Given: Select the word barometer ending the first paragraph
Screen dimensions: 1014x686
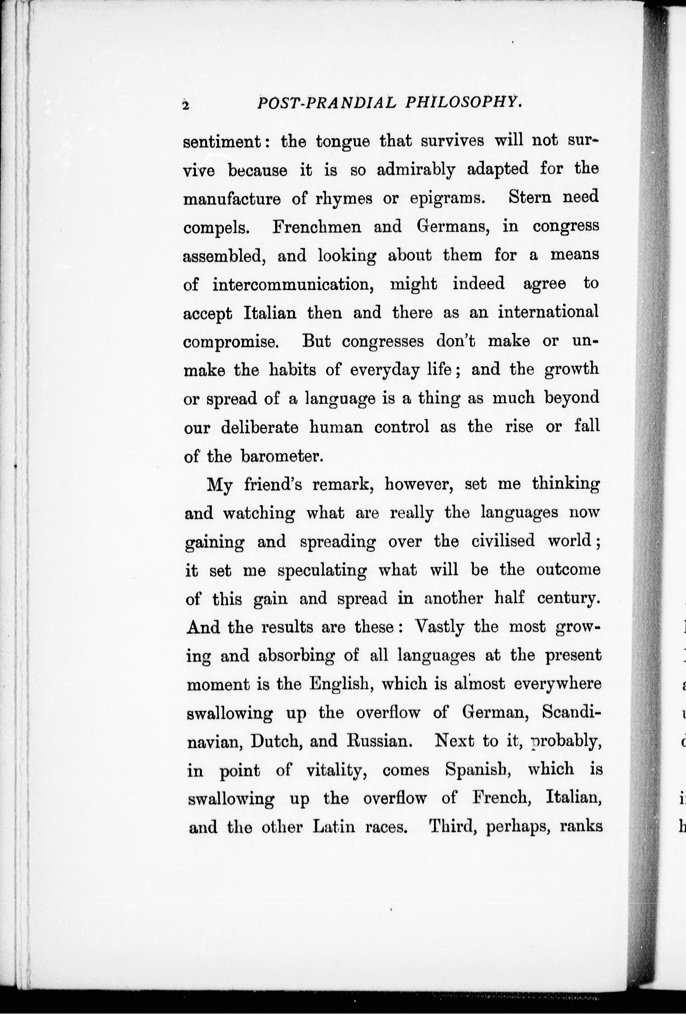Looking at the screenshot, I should point(282,456).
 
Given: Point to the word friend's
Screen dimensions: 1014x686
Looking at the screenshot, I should point(272,484).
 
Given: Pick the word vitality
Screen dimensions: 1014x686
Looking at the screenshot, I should point(335,770).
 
